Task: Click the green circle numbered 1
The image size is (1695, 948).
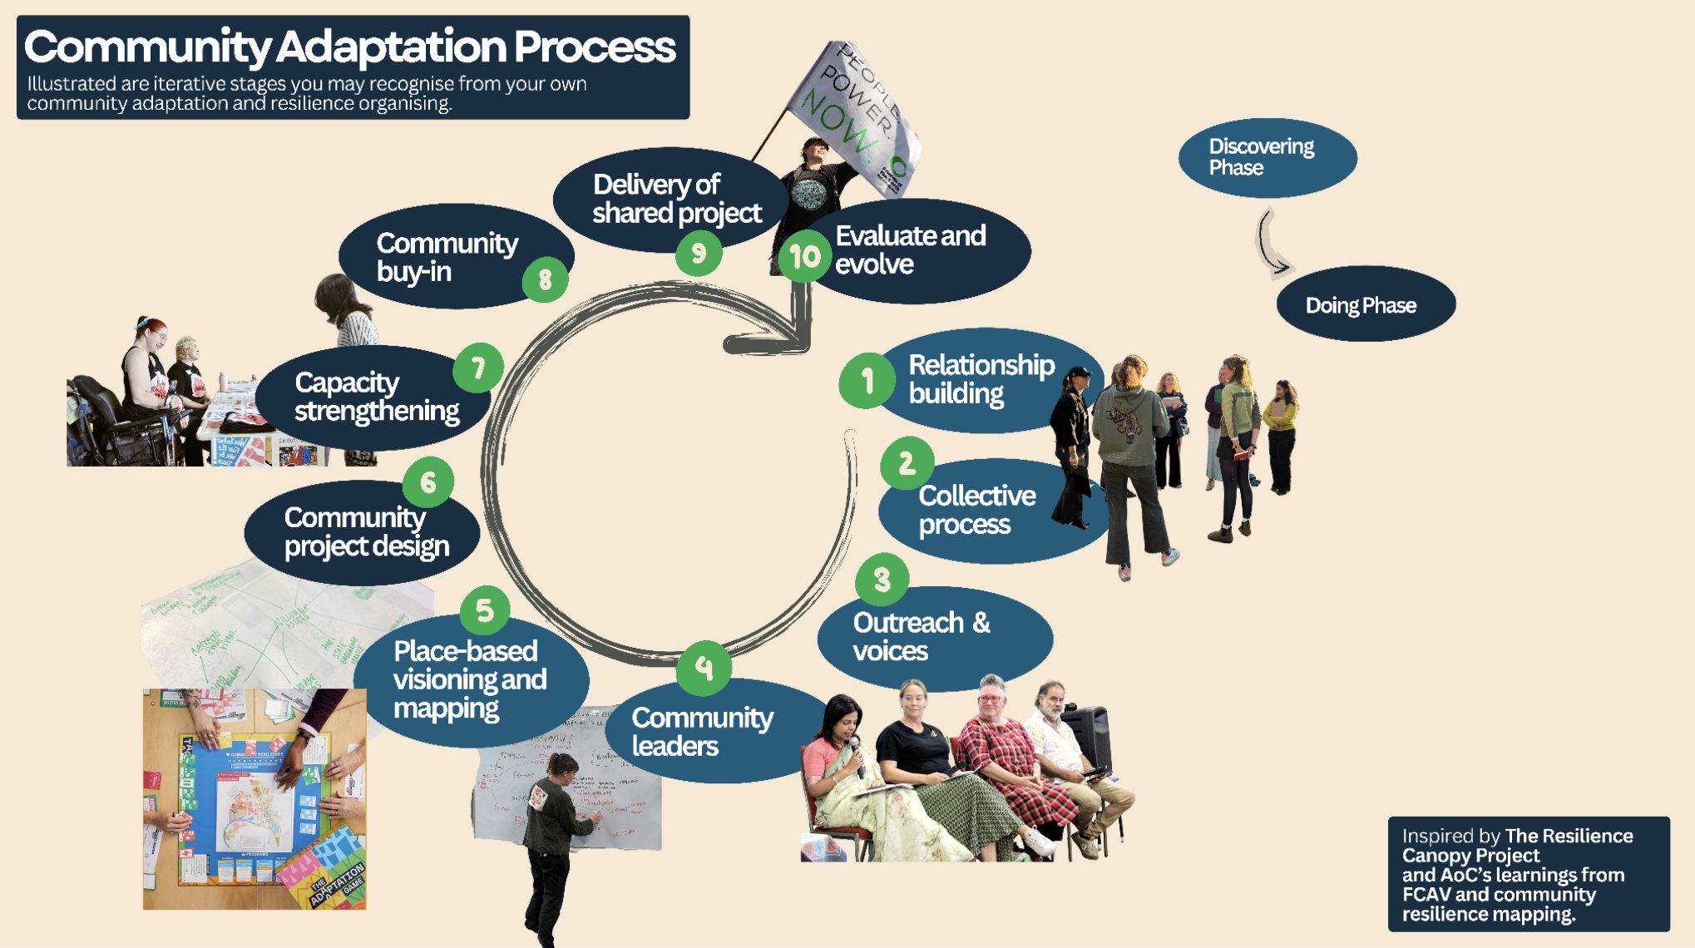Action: click(x=867, y=381)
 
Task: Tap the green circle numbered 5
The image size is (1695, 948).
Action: click(x=485, y=611)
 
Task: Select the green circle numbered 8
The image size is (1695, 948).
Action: click(x=545, y=279)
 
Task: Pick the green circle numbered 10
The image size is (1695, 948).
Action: click(x=804, y=257)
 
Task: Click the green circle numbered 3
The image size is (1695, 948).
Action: click(x=882, y=579)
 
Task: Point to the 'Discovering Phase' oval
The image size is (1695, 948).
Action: click(x=1267, y=157)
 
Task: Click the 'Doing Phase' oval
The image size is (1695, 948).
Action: click(x=1365, y=304)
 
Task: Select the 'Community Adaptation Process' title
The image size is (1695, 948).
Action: click(x=349, y=47)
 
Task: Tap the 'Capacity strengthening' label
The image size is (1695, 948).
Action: click(x=376, y=397)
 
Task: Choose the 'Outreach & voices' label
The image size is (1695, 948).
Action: click(x=922, y=636)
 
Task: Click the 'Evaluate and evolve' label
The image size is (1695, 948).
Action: click(x=911, y=249)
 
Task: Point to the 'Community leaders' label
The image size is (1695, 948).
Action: click(x=702, y=731)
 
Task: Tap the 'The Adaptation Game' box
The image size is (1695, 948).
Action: click(x=324, y=870)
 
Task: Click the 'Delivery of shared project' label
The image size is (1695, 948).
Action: click(x=675, y=199)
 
